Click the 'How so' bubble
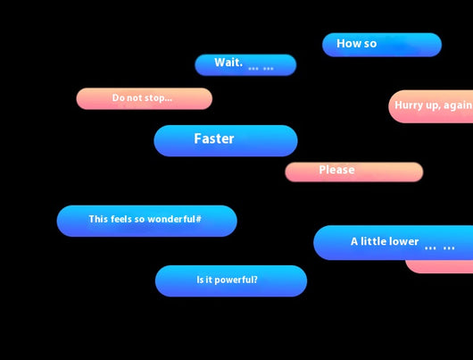[x=382, y=45]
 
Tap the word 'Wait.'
[x=228, y=63]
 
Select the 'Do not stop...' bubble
[x=145, y=99]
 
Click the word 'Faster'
[x=214, y=139]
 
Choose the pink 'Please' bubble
[x=354, y=172]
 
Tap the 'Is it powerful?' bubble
[x=231, y=280]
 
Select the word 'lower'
[x=405, y=241]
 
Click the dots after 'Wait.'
[x=261, y=69]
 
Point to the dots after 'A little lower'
[x=439, y=248]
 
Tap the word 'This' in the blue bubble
[x=98, y=219]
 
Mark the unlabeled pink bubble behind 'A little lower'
[x=440, y=266]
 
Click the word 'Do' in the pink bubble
[x=117, y=97]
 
